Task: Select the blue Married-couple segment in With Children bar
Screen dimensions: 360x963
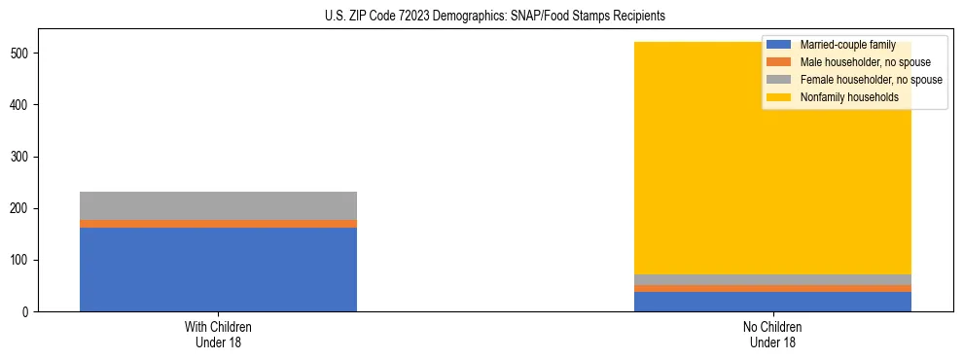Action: point(218,270)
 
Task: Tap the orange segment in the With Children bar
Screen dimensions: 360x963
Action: point(218,224)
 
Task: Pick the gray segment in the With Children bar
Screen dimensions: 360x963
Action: point(218,205)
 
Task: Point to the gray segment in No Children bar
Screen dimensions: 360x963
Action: point(772,280)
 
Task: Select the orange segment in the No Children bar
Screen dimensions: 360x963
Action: point(772,288)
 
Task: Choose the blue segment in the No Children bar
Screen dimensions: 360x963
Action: point(772,302)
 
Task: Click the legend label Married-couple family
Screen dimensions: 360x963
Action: point(847,45)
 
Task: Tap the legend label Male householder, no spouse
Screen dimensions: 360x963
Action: point(865,62)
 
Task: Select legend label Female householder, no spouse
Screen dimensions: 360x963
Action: point(871,80)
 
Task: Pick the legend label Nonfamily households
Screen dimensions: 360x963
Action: point(848,97)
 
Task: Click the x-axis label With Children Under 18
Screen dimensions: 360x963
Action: point(218,335)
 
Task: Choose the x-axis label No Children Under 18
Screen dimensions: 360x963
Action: point(772,335)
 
